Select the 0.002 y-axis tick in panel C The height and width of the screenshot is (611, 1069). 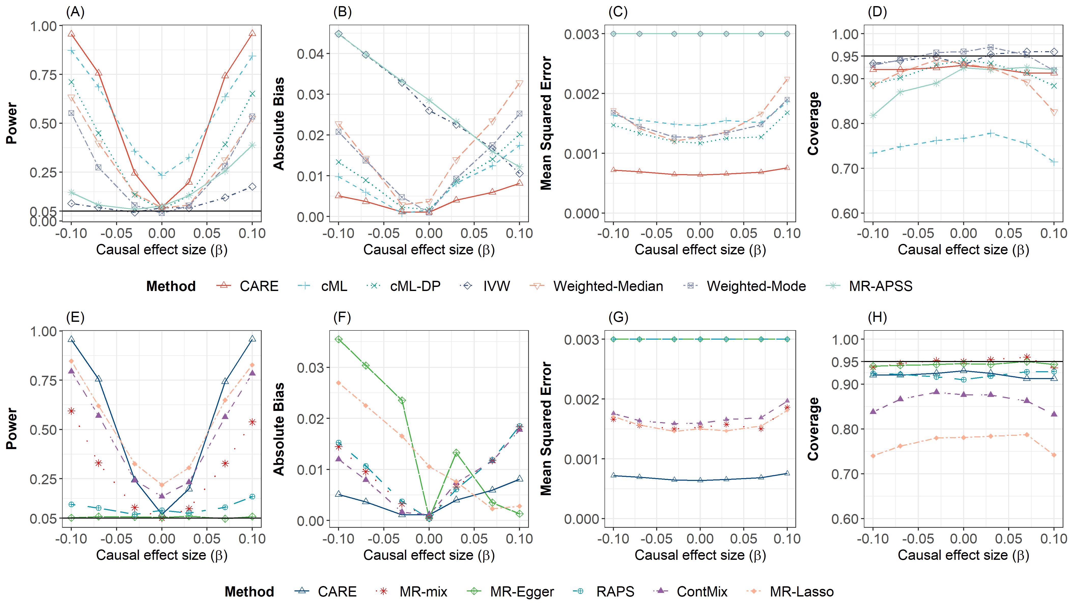pyautogui.click(x=581, y=94)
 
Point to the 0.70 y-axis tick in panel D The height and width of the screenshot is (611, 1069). pyautogui.click(x=845, y=169)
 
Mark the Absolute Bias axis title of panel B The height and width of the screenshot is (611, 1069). pyautogui.click(x=279, y=123)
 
